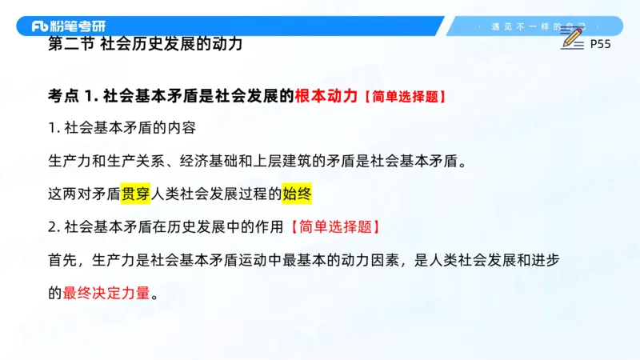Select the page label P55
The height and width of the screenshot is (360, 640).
point(600,45)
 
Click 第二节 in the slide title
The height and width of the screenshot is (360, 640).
point(70,44)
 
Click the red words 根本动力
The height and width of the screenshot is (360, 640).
point(326,96)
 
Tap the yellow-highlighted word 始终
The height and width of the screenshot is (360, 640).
point(296,194)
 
